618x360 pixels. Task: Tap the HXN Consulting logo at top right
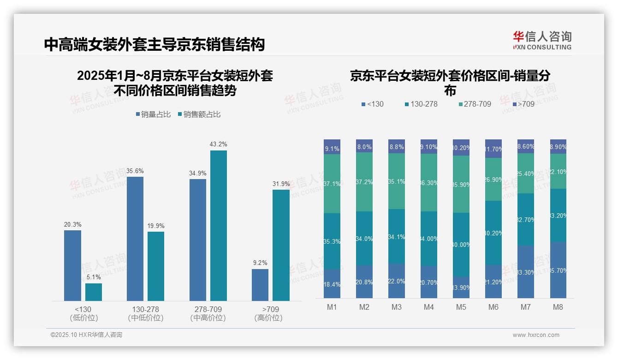tap(542, 40)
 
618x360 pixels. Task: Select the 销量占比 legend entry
tap(154, 114)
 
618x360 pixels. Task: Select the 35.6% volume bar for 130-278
tap(135, 239)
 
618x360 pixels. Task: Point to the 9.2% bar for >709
tap(260, 285)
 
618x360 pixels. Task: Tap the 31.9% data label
tap(281, 184)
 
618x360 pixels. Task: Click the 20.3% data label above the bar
tap(72, 224)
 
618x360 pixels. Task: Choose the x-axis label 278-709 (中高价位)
tap(208, 313)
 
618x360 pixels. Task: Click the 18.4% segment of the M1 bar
tap(332, 283)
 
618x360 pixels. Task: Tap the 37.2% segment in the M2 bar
tap(364, 182)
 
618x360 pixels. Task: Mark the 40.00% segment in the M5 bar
tap(461, 245)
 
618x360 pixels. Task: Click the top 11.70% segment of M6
tap(493, 149)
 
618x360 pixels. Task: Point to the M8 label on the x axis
tap(558, 307)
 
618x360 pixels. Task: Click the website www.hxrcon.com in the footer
tap(535, 335)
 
